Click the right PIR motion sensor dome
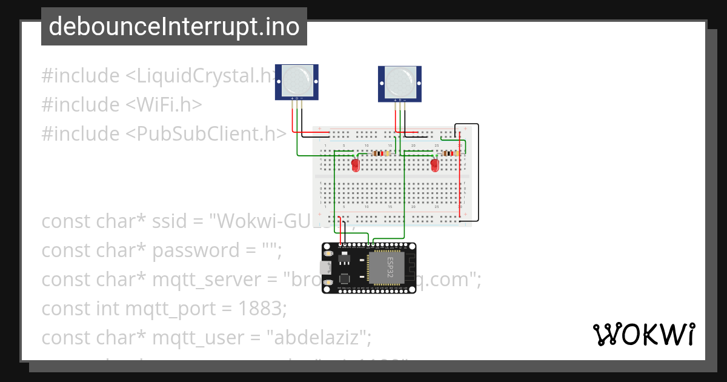pos(400,80)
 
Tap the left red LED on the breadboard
pos(356,164)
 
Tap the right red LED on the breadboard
pos(434,164)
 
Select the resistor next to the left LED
pos(380,153)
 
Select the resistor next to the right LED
pos(449,153)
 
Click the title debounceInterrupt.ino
pos(174,27)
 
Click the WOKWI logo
pos(643,334)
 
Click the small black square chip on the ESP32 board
pos(345,278)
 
